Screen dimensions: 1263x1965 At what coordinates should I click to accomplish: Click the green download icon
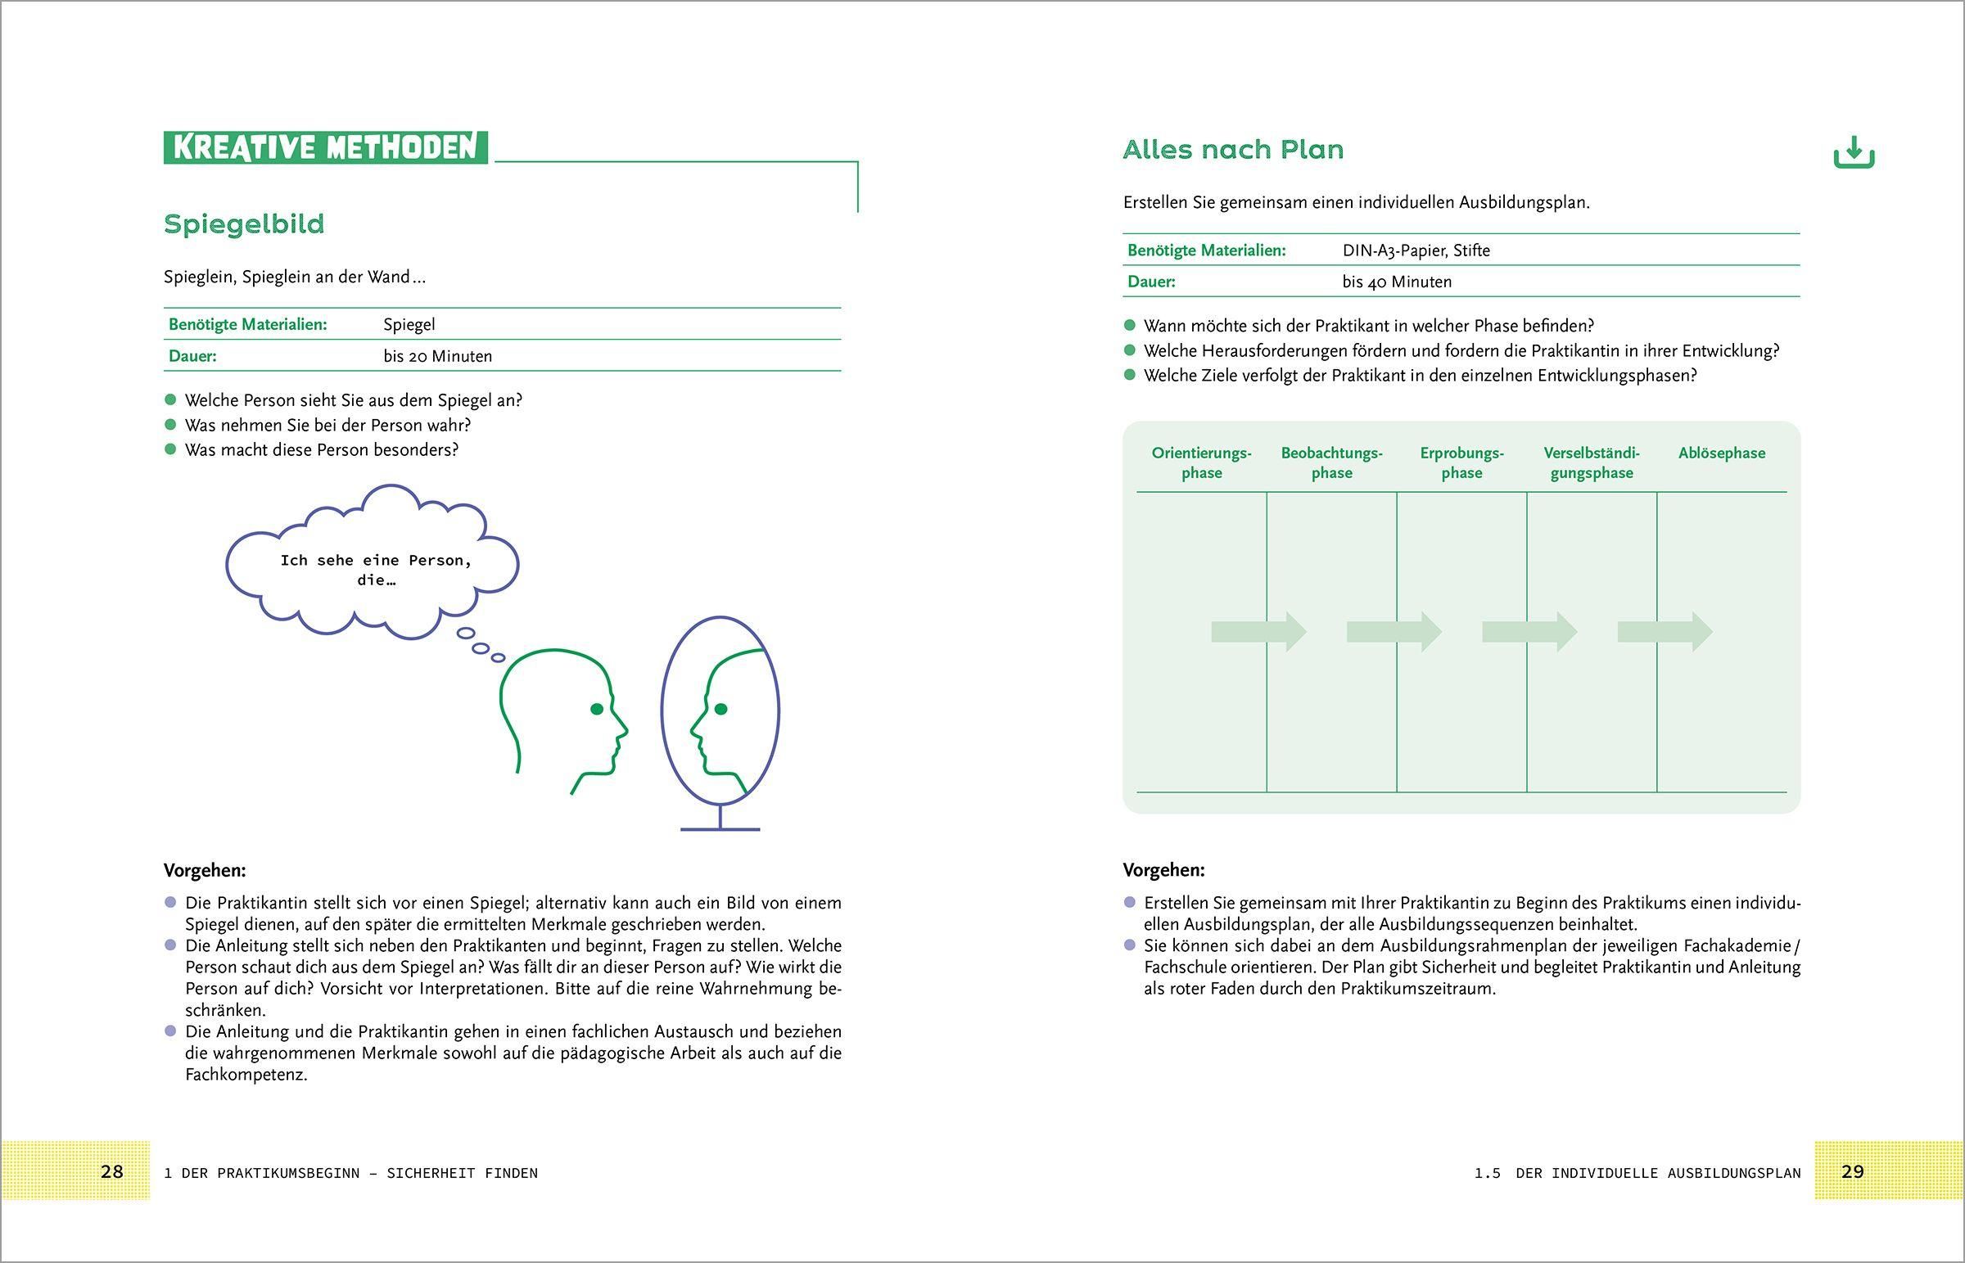tap(1854, 153)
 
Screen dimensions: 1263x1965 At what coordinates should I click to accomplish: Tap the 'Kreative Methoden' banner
tap(326, 147)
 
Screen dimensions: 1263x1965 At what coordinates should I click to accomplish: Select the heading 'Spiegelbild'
tap(244, 224)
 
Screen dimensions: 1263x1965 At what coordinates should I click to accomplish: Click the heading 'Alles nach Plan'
tap(1233, 150)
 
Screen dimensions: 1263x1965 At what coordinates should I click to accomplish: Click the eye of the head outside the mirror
tap(597, 709)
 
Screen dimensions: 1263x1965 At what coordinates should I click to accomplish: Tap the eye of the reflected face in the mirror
tap(720, 709)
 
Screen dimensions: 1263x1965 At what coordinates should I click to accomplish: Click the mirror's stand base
tap(720, 828)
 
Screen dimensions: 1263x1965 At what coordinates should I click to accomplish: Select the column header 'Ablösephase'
tap(1722, 453)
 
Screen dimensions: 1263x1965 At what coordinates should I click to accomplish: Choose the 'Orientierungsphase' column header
tap(1201, 462)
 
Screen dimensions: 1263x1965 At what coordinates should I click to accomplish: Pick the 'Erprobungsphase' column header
tap(1461, 462)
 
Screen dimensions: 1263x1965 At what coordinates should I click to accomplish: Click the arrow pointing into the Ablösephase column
tap(1665, 632)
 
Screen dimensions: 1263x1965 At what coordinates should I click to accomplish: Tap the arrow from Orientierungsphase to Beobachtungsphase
tap(1259, 632)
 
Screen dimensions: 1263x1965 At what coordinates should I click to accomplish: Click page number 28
tap(111, 1171)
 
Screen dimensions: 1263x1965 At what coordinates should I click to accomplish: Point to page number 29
tap(1853, 1171)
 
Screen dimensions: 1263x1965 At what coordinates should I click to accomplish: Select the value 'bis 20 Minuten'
tap(438, 356)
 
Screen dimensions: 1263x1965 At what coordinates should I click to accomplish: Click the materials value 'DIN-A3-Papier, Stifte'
tap(1416, 250)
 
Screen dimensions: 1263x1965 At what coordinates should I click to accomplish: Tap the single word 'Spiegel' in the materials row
tap(409, 325)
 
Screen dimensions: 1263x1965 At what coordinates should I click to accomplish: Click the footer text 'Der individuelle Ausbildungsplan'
tap(1657, 1173)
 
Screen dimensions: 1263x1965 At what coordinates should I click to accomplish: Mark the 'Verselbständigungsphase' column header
tap(1591, 462)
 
